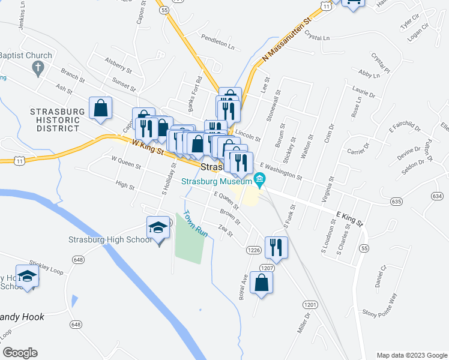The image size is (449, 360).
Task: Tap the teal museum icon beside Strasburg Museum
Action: (259, 179)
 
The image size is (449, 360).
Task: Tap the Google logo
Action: (20, 353)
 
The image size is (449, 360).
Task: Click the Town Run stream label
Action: (195, 223)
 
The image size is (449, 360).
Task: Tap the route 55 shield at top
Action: (164, 10)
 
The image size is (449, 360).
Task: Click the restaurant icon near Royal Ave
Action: (276, 247)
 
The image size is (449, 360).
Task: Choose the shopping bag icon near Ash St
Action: (100, 108)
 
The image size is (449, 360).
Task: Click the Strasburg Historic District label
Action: (55, 120)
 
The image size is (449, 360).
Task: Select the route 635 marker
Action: (396, 201)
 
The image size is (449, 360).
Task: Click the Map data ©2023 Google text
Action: (411, 355)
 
